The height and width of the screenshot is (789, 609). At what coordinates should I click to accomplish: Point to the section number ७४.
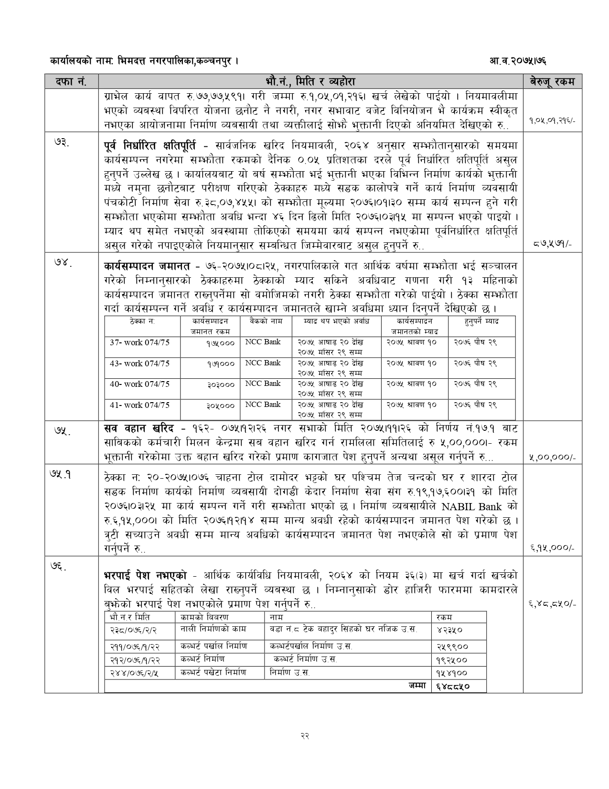(62, 265)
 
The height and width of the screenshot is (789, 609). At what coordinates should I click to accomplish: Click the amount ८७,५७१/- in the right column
(554, 244)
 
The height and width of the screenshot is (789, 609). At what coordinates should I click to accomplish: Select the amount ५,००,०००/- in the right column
(552, 458)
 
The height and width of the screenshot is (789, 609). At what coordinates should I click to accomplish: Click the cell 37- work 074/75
(139, 342)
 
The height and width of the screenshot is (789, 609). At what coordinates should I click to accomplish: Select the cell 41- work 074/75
(139, 405)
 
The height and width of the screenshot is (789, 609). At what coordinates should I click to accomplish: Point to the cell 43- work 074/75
(139, 363)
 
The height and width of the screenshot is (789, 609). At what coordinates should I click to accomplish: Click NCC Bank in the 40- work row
(263, 384)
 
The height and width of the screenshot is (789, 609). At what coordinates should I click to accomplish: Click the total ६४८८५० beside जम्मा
(453, 686)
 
